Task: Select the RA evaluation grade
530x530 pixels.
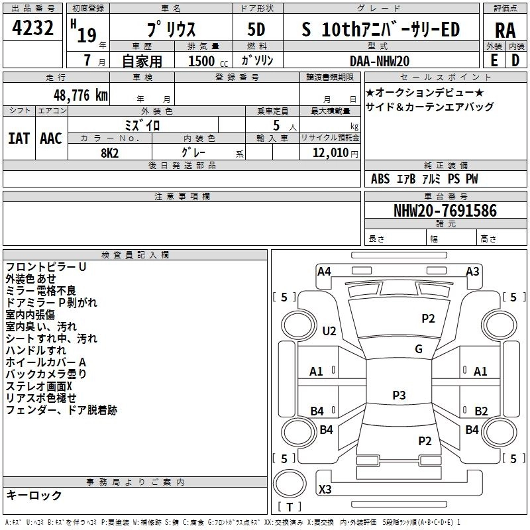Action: pos(505,30)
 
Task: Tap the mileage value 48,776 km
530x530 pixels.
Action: pos(76,95)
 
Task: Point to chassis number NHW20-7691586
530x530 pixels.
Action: pos(445,211)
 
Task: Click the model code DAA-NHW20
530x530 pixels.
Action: pos(380,60)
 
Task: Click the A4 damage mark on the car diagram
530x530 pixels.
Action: pos(324,271)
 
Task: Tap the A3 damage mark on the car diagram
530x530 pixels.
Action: pos(472,271)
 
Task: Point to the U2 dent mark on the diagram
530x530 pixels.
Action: pos(329,331)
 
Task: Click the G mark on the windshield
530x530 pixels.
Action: pos(419,349)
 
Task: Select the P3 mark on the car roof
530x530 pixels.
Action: pos(399,396)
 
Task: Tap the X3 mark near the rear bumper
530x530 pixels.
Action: pos(325,490)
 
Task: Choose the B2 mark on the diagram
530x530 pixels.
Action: pos(481,411)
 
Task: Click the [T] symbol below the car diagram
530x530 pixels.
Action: pos(289,507)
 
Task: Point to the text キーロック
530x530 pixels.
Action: pos(34,495)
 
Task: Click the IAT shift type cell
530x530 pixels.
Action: pos(19,138)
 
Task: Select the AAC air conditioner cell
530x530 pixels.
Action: pos(50,138)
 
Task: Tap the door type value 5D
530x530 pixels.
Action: pos(256,30)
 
